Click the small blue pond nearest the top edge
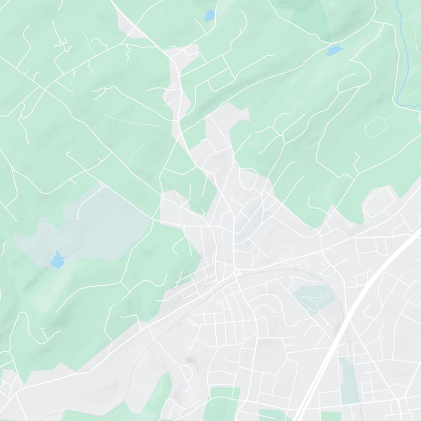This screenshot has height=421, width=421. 209,15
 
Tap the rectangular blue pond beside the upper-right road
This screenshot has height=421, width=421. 334,51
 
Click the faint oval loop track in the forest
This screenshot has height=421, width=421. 376,127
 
